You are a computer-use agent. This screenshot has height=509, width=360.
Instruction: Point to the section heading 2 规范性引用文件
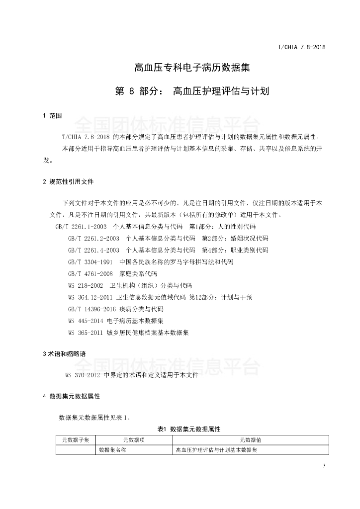click(x=68, y=181)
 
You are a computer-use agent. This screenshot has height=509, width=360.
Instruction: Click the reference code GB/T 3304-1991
click(x=90, y=261)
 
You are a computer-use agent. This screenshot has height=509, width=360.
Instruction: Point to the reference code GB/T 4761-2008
click(x=90, y=273)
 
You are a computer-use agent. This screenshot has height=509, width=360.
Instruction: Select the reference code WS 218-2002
click(x=86, y=285)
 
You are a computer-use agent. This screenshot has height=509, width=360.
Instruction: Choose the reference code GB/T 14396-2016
click(x=91, y=309)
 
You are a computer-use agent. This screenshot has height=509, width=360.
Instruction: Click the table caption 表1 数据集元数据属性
click(x=188, y=428)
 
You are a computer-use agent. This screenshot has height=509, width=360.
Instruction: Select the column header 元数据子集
click(x=76, y=440)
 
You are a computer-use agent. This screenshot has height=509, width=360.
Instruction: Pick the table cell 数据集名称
click(x=113, y=450)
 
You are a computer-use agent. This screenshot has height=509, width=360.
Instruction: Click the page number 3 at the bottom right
click(x=324, y=466)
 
